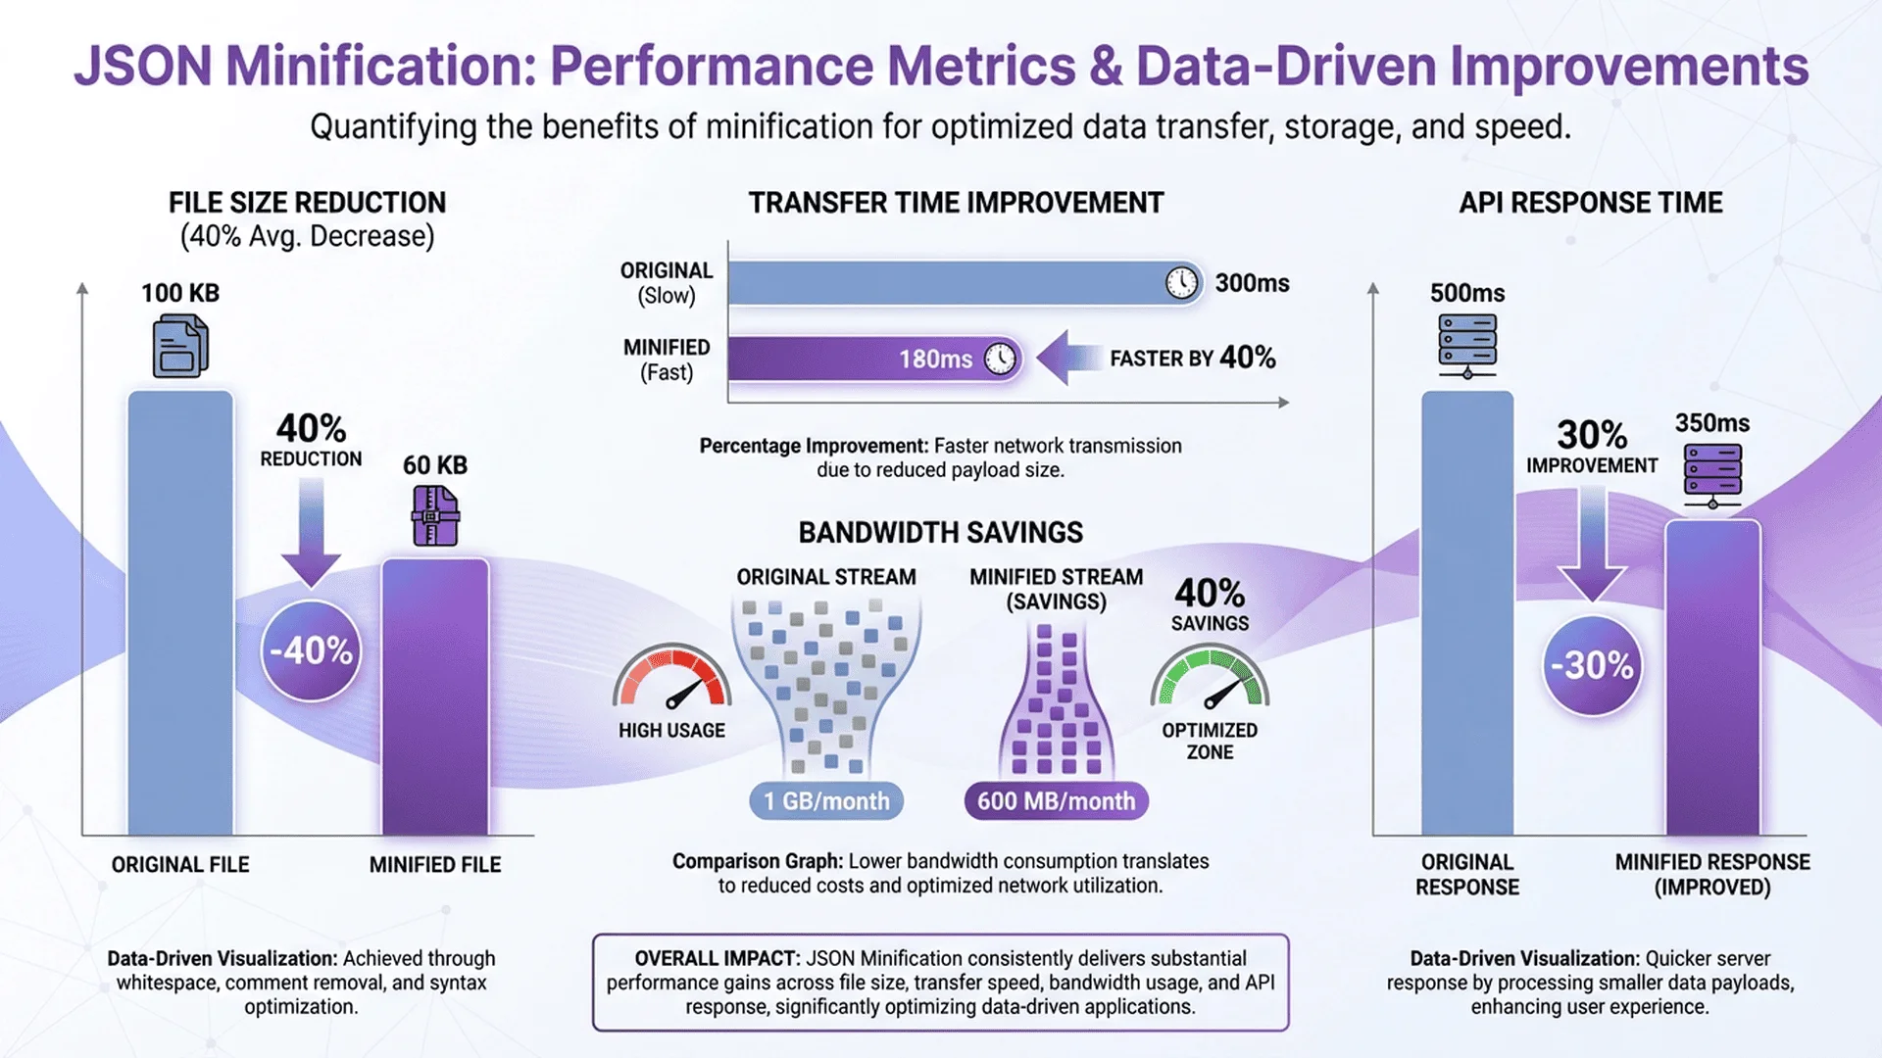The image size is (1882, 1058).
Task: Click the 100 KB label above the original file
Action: (x=180, y=293)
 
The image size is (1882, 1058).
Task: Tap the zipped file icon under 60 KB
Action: (x=435, y=515)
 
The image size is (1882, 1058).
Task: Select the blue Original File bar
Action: (x=180, y=612)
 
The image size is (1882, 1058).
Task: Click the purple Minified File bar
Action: (x=435, y=696)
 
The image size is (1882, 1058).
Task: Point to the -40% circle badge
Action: (x=311, y=650)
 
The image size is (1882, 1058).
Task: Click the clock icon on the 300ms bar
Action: (x=1181, y=283)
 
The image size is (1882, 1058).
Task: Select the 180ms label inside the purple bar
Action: (x=935, y=360)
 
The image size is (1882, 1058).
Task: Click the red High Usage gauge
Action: (x=672, y=678)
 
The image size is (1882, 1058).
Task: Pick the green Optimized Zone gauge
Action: (x=1210, y=679)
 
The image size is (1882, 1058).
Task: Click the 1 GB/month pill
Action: (x=826, y=801)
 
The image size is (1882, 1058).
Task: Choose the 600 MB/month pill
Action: (x=1056, y=801)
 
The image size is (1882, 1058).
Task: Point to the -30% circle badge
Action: (x=1592, y=666)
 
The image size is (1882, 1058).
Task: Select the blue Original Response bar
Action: (x=1467, y=612)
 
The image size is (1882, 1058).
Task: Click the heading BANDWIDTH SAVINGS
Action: (x=940, y=533)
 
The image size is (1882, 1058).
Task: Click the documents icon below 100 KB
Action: (x=180, y=346)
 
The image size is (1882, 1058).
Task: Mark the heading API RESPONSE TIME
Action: (x=1590, y=203)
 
